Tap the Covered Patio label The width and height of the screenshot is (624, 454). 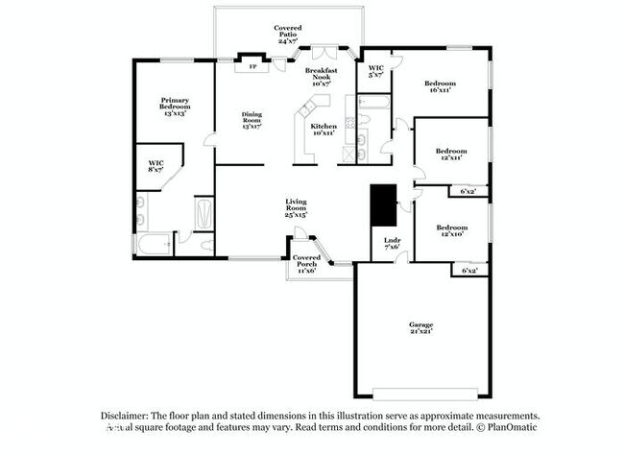click(x=289, y=35)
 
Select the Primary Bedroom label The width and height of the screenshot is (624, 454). click(x=175, y=106)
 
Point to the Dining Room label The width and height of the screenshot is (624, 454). click(x=252, y=119)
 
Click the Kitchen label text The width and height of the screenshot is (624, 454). click(x=324, y=130)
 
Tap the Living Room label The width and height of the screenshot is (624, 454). click(x=296, y=208)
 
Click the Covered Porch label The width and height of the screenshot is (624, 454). click(x=306, y=262)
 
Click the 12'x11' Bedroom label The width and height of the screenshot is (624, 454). click(x=450, y=154)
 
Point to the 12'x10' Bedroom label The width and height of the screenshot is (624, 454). click(x=450, y=231)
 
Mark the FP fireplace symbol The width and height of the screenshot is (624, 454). click(x=253, y=67)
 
